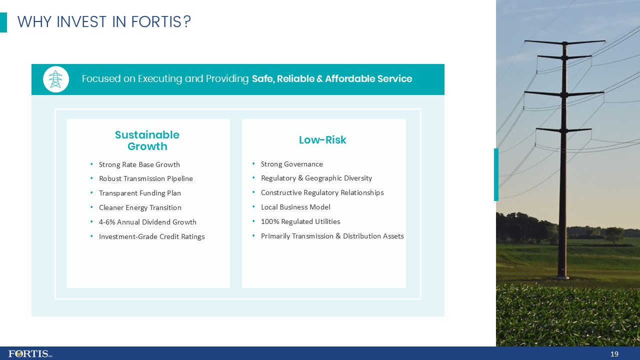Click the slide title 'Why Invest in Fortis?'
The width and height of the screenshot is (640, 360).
pyautogui.click(x=104, y=22)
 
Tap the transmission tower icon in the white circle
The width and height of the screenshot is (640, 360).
pyautogui.click(x=56, y=79)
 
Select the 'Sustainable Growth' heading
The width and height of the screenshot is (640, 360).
pyautogui.click(x=147, y=140)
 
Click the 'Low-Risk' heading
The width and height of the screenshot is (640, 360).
pyautogui.click(x=322, y=140)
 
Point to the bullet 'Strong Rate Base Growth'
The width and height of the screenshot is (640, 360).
pyautogui.click(x=139, y=164)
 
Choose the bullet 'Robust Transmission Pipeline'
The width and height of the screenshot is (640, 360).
pyautogui.click(x=145, y=178)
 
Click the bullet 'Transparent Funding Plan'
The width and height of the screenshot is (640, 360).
pyautogui.click(x=139, y=193)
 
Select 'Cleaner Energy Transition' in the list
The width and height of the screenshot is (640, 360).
pyautogui.click(x=140, y=207)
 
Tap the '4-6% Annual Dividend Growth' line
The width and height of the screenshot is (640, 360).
pyautogui.click(x=147, y=222)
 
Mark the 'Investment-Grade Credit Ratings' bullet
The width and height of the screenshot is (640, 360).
pyautogui.click(x=151, y=236)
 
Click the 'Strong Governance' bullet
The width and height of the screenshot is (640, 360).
pyautogui.click(x=291, y=164)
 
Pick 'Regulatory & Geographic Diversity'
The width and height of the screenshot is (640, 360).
pyautogui.click(x=316, y=178)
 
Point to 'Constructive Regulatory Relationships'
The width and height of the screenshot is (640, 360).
pyautogui.click(x=322, y=192)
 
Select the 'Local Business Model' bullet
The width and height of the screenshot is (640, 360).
pyautogui.click(x=295, y=207)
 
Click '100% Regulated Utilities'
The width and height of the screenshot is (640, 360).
pyautogui.click(x=300, y=221)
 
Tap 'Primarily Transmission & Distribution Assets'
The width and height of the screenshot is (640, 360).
pyautogui.click(x=332, y=236)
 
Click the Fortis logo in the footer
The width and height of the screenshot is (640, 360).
pyautogui.click(x=30, y=353)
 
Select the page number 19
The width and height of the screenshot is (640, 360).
pyautogui.click(x=614, y=354)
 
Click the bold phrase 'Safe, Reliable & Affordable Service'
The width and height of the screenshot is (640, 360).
pyautogui.click(x=332, y=79)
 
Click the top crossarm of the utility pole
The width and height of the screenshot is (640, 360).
pyautogui.click(x=564, y=42)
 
